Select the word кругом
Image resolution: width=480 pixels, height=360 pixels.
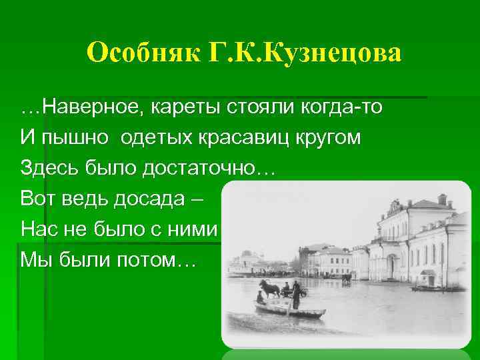coord(331,137)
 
